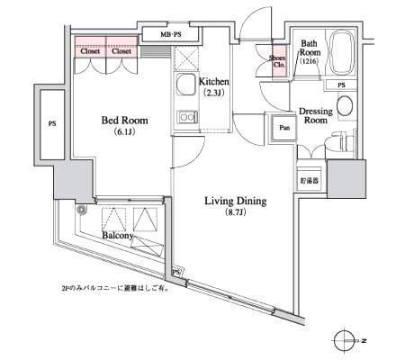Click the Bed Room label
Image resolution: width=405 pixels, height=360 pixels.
[124, 121]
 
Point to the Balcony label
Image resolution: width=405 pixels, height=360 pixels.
[119, 235]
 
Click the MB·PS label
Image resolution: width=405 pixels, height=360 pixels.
[172, 34]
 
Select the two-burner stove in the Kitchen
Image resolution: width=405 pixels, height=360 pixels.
[186, 116]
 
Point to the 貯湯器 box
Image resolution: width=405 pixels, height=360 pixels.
[310, 180]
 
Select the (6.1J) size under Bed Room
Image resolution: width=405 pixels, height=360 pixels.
[124, 133]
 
